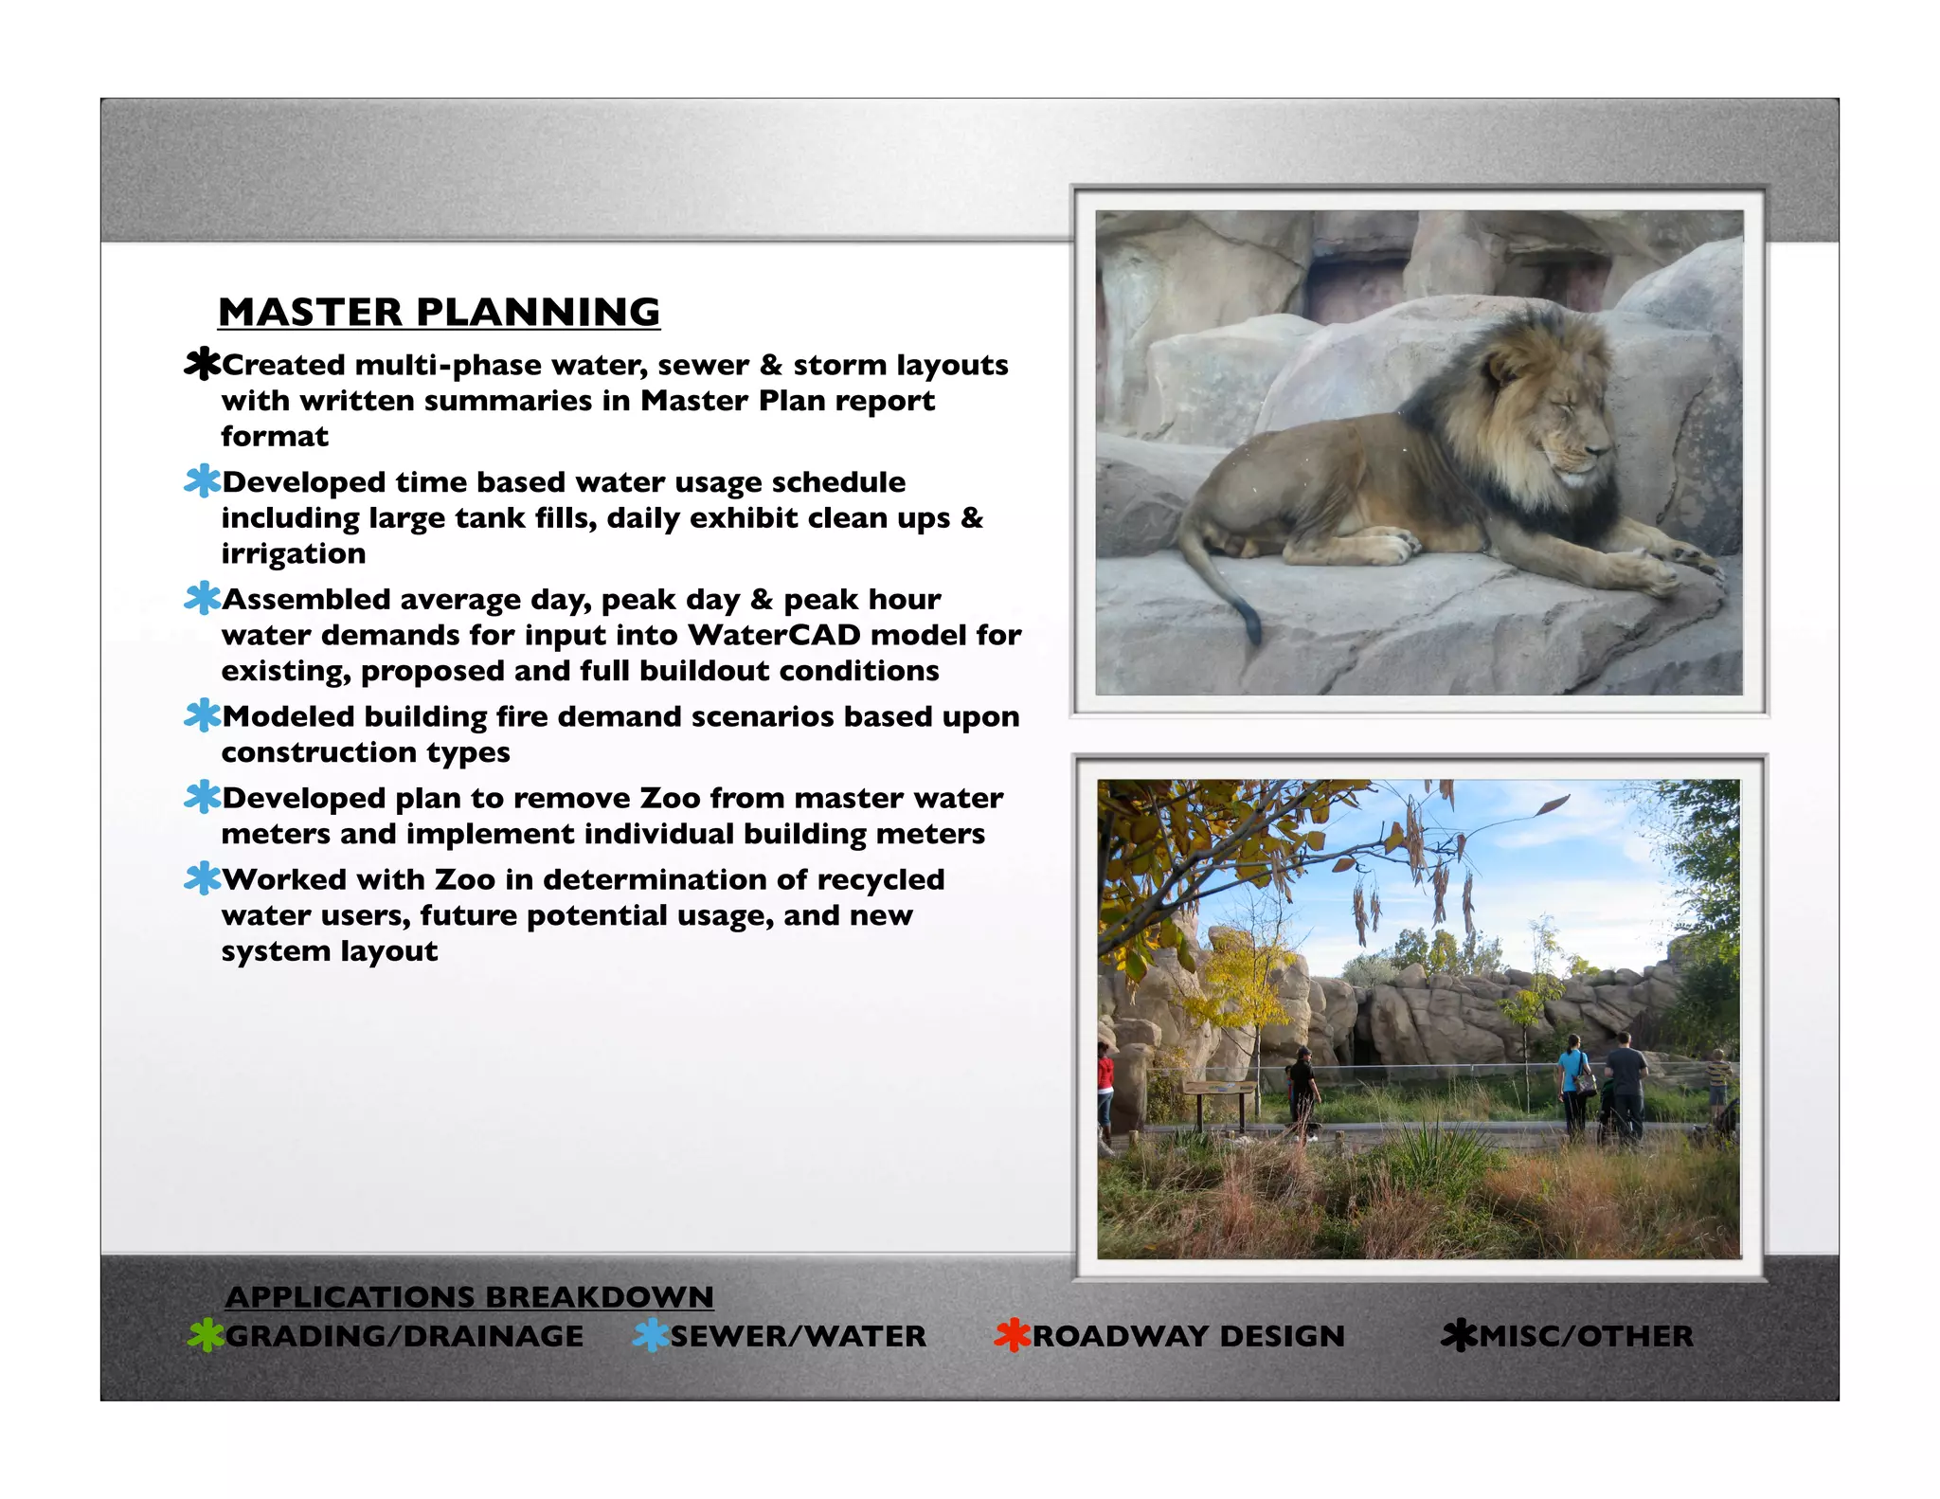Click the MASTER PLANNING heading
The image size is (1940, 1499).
439,313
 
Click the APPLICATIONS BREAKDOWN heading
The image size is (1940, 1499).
469,1296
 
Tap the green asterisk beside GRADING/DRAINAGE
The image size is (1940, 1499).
206,1335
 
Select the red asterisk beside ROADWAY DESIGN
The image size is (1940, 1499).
1012,1335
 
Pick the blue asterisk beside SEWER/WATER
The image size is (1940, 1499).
651,1335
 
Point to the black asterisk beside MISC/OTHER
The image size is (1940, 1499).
1459,1335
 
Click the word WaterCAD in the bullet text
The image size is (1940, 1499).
774,635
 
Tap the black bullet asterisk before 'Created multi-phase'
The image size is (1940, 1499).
202,364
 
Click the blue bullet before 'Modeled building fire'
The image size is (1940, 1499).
202,715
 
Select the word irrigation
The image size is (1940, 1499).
293,553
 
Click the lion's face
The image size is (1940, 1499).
1568,431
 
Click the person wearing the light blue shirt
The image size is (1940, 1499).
1572,1080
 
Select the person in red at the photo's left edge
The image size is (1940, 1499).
1105,1090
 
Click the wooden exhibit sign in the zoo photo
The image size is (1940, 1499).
1219,1094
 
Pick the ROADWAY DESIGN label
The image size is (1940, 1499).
1188,1336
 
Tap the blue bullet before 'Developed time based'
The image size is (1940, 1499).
202,481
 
